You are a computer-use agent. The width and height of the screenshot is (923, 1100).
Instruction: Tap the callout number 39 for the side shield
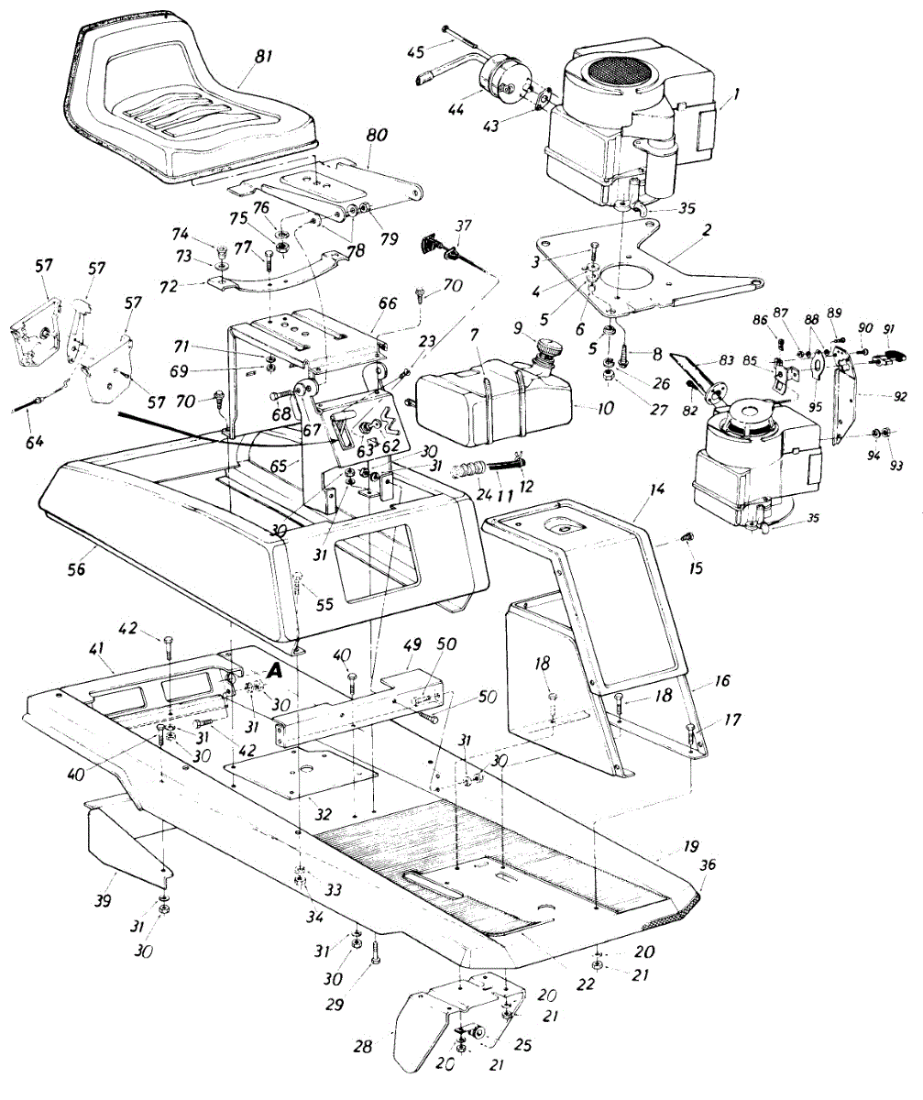pyautogui.click(x=103, y=901)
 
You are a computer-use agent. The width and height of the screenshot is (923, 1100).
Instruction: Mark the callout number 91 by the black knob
pyautogui.click(x=892, y=330)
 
